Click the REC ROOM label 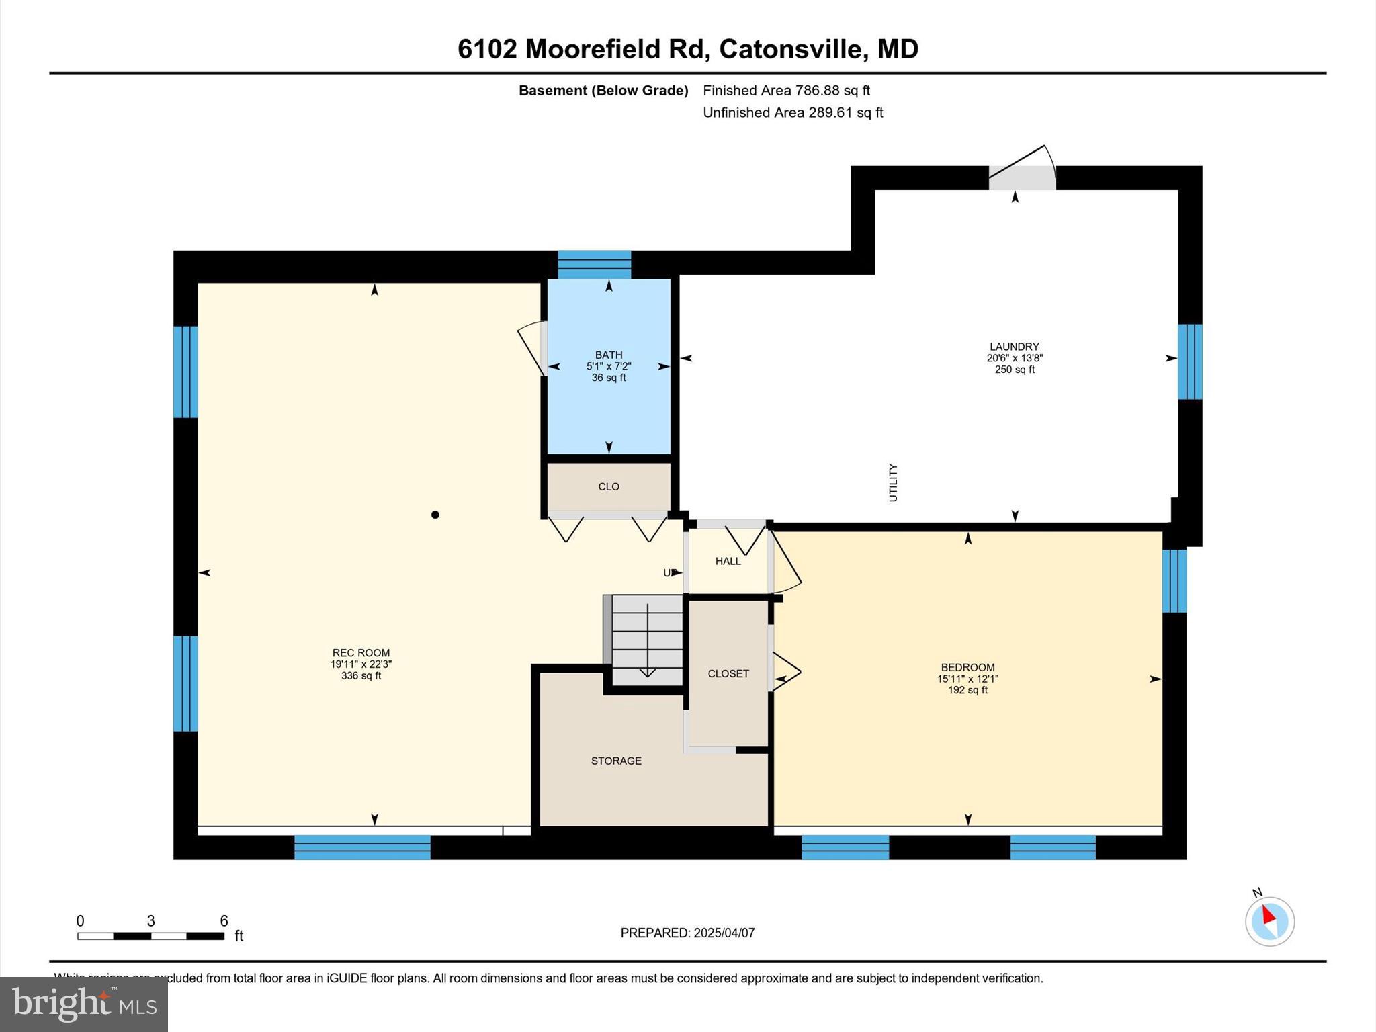pyautogui.click(x=361, y=653)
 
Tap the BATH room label pyautogui.click(x=609, y=355)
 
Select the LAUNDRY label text pyautogui.click(x=1014, y=347)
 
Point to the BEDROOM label pyautogui.click(x=967, y=667)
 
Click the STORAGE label pyautogui.click(x=616, y=761)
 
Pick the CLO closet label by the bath pyautogui.click(x=609, y=486)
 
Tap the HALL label pyautogui.click(x=728, y=561)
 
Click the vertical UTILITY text pyautogui.click(x=893, y=482)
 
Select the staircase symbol pyautogui.click(x=646, y=640)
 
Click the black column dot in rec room pyautogui.click(x=435, y=515)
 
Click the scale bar pyautogui.click(x=150, y=935)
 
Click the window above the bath pyautogui.click(x=595, y=264)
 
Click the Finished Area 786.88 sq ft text pyautogui.click(x=786, y=91)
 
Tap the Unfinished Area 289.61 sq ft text pyautogui.click(x=793, y=113)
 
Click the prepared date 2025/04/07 pyautogui.click(x=724, y=933)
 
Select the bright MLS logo pyautogui.click(x=84, y=1004)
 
